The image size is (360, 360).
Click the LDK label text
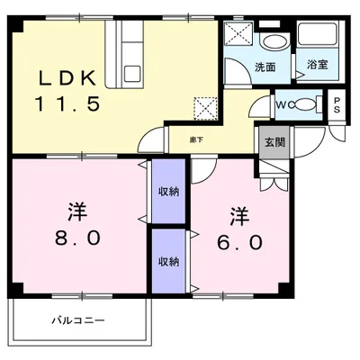point(67,77)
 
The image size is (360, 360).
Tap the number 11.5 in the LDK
point(67,103)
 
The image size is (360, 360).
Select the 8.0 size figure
point(77,238)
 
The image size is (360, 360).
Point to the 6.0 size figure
point(240,242)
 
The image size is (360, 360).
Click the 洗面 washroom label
point(265,67)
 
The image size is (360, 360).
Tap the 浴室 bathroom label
point(317,65)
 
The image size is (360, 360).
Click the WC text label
point(283,105)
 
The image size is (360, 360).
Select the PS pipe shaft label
point(337,105)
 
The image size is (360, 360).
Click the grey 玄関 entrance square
point(274,142)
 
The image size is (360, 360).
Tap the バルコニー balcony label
point(78,320)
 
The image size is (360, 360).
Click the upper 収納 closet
point(168,191)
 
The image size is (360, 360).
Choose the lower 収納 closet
point(168,261)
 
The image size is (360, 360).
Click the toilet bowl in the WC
point(304,105)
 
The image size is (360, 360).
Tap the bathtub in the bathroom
point(318,33)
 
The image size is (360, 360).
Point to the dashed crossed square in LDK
point(205,108)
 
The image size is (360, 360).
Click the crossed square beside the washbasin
point(238,34)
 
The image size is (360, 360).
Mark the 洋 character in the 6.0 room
point(239,217)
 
